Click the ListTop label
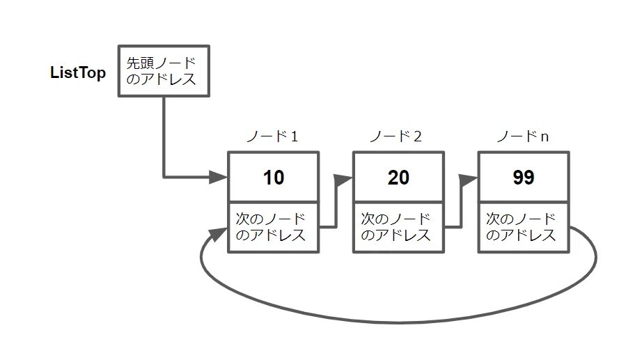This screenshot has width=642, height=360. (x=78, y=73)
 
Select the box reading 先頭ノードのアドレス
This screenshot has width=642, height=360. (x=162, y=72)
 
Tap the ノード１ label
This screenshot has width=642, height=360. (x=273, y=136)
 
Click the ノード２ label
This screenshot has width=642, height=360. (x=398, y=136)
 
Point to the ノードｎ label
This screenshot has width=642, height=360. (x=522, y=136)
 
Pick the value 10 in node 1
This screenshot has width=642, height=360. (x=274, y=178)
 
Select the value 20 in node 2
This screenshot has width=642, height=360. (x=398, y=178)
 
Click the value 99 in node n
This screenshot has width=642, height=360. (x=523, y=178)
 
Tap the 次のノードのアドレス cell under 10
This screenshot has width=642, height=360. (x=274, y=226)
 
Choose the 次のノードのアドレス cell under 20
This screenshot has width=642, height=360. (x=398, y=226)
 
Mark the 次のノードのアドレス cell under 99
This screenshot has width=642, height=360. (x=523, y=226)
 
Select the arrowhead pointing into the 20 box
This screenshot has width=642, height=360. (x=344, y=179)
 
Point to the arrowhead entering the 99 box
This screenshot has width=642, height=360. (x=469, y=179)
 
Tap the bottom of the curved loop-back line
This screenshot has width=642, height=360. (x=398, y=322)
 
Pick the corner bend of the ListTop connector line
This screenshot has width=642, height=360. (x=164, y=176)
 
